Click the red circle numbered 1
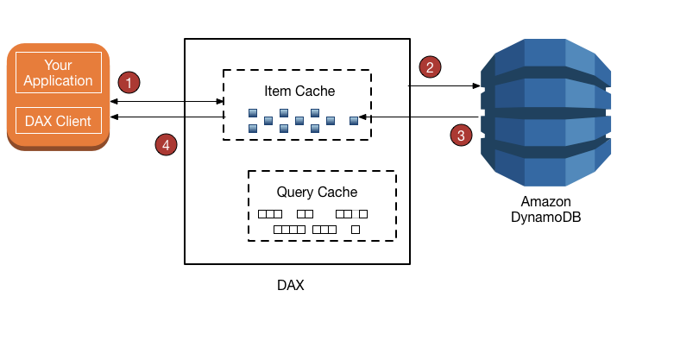click(129, 83)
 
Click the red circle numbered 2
click(429, 66)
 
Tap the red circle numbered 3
click(463, 135)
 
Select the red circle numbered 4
click(167, 144)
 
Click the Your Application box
click(59, 73)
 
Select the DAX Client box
click(59, 121)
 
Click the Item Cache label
click(299, 90)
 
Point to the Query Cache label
click(317, 192)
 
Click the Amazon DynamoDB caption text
click(545, 209)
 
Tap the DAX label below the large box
click(290, 284)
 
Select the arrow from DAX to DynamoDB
click(444, 85)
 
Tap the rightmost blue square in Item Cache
click(353, 120)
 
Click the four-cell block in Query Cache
click(289, 230)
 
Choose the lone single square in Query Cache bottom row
click(356, 230)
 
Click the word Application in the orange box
click(59, 81)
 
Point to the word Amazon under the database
click(545, 201)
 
